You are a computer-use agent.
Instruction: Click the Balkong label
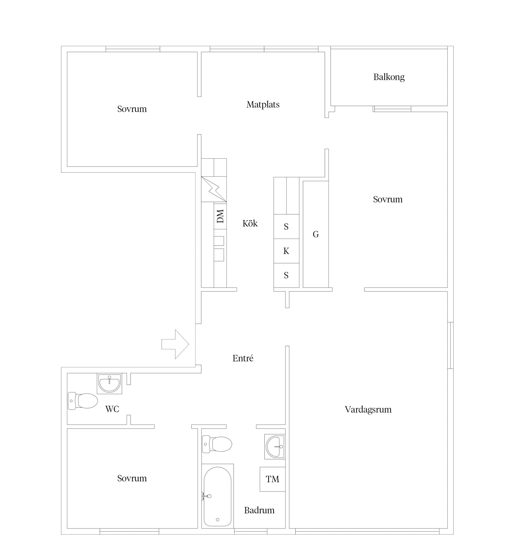[389, 77]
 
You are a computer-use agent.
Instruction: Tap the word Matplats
[263, 105]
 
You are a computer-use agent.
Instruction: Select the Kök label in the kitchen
[250, 223]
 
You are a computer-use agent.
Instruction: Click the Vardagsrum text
[368, 409]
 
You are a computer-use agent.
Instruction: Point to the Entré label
[243, 358]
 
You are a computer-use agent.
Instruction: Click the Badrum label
[259, 510]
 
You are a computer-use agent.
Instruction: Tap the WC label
[112, 409]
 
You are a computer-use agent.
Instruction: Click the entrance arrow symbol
[175, 344]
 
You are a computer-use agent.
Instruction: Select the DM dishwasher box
[220, 216]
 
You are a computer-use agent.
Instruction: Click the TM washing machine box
[272, 479]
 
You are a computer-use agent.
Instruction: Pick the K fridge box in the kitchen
[286, 251]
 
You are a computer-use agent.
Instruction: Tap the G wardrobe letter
[316, 234]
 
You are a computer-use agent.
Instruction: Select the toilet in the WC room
[83, 401]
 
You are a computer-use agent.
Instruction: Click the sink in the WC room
[109, 384]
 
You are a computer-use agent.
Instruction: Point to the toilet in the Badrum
[217, 444]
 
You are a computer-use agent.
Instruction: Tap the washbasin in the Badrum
[275, 446]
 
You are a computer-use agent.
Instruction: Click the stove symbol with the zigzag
[214, 189]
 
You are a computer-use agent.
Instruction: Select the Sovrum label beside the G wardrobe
[388, 199]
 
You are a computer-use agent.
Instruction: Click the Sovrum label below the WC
[132, 478]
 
